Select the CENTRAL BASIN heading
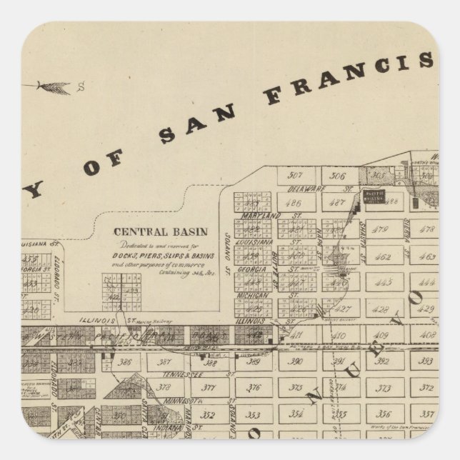click(160, 232)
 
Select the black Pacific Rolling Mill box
click(374, 196)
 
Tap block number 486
click(292, 203)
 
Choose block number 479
click(381, 230)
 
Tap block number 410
click(339, 335)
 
